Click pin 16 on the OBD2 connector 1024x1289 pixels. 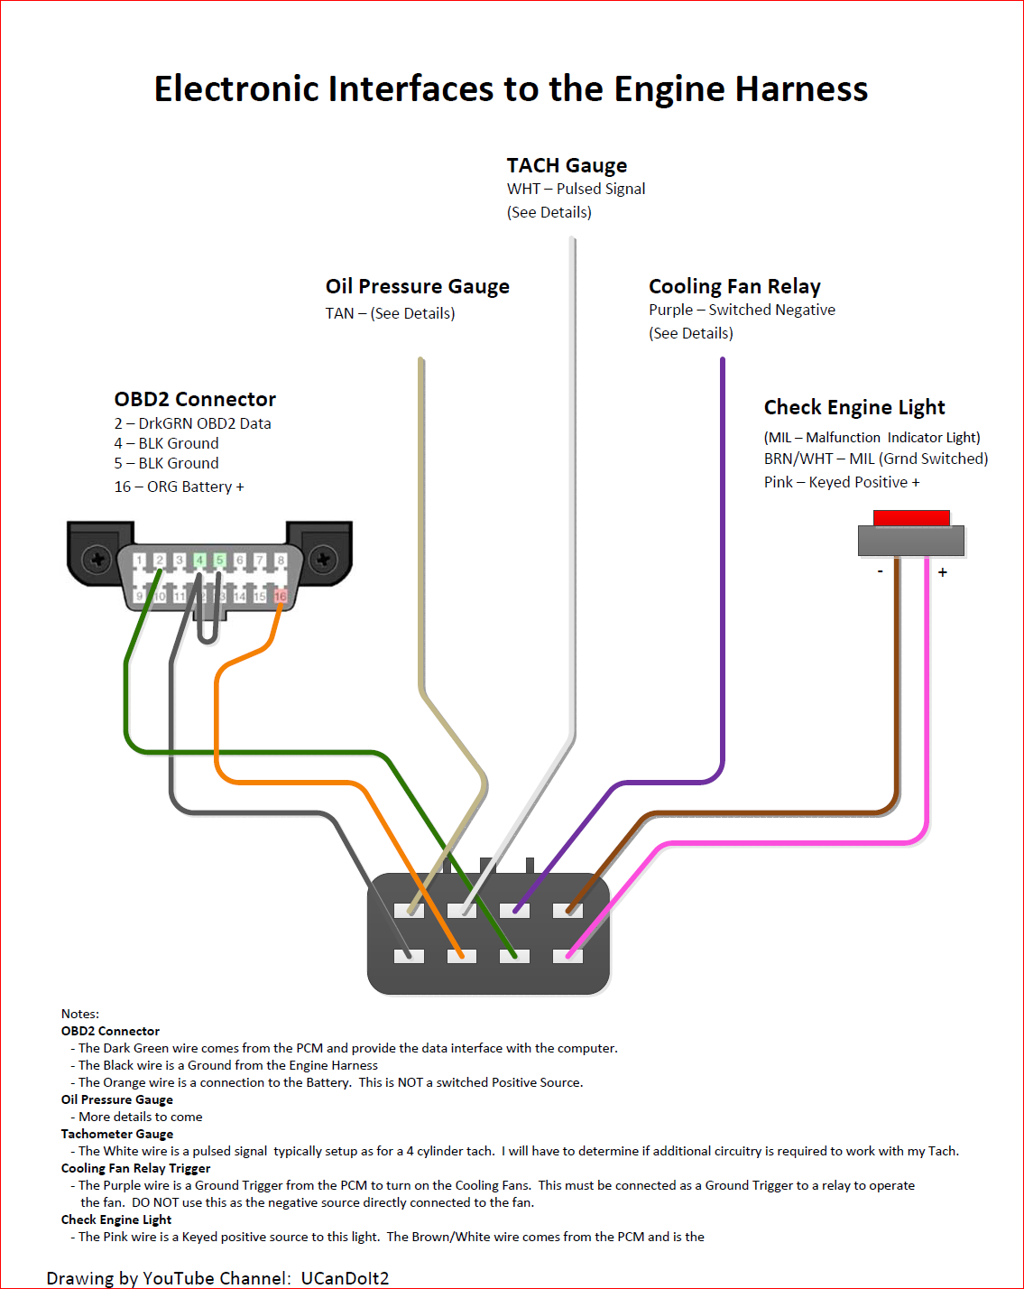281,597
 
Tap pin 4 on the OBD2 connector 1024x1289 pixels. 199,561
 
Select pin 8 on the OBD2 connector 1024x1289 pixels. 281,561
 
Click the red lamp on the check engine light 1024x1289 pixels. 911,518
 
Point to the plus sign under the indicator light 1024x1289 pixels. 943,572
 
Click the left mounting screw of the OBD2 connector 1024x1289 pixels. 97,560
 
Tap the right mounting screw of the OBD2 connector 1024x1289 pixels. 323,560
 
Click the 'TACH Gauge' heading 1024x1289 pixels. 567,165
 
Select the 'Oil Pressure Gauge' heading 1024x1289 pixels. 417,286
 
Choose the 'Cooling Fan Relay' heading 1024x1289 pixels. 734,286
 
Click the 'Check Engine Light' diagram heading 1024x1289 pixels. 854,407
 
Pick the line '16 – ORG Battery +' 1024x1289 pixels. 179,487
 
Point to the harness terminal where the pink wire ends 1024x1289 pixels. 567,955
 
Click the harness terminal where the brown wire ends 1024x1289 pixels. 567,910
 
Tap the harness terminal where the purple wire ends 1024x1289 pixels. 515,910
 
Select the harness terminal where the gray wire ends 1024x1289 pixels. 410,955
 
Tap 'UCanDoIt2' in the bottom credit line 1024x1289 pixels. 345,1278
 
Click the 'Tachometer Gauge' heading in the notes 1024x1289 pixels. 117,1134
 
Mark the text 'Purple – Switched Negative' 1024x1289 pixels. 742,310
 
